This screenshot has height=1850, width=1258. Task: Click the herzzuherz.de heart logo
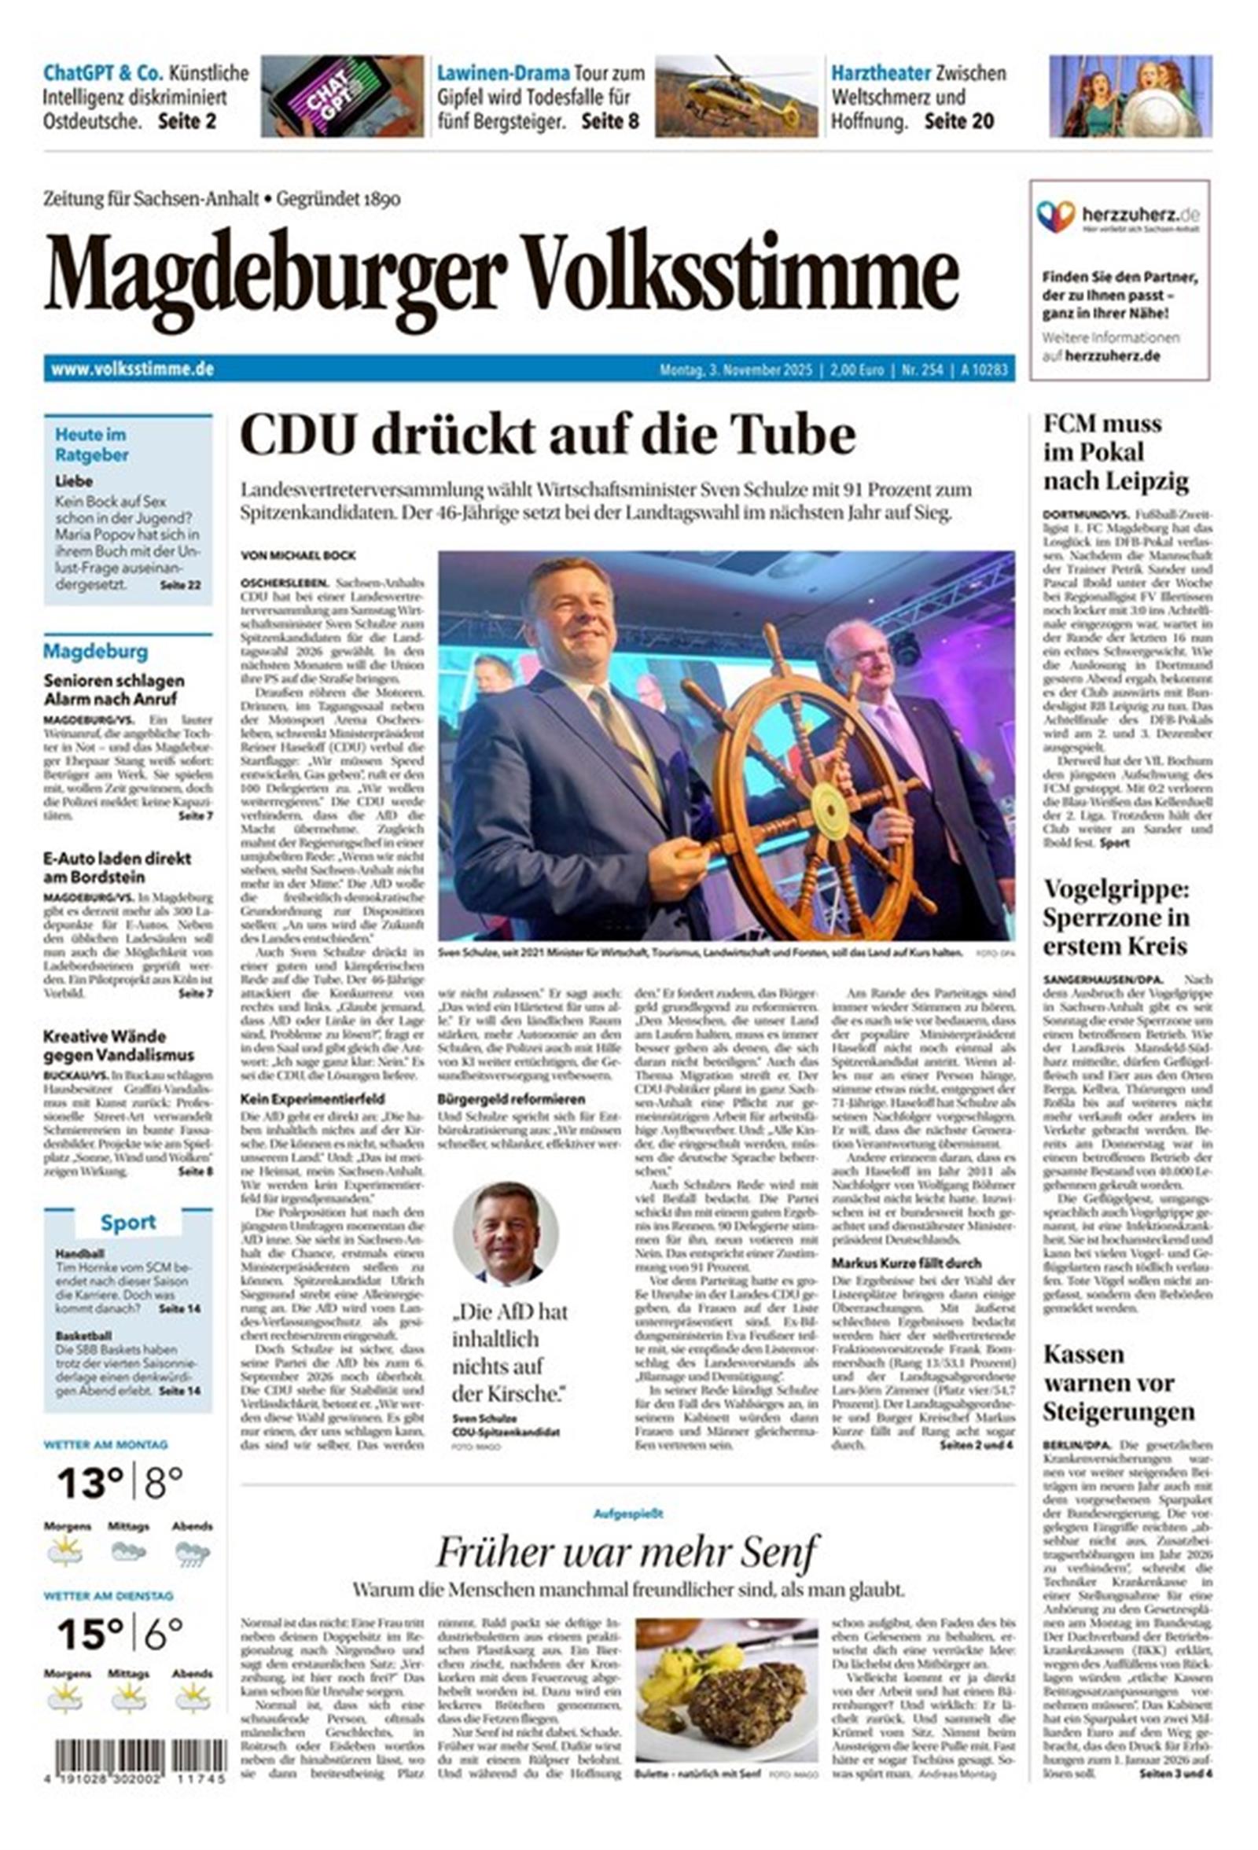pyautogui.click(x=1056, y=215)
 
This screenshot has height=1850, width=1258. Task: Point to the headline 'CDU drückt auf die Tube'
pyautogui.click(x=547, y=435)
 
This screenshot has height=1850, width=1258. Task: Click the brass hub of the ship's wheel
pyautogui.click(x=829, y=810)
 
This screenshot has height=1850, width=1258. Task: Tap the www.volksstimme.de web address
pyautogui.click(x=132, y=370)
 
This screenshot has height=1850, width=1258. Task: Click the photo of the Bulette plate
pyautogui.click(x=726, y=1688)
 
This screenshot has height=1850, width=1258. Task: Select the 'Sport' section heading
pyautogui.click(x=128, y=1222)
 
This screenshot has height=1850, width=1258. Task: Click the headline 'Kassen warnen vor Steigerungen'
pyautogui.click(x=1119, y=1383)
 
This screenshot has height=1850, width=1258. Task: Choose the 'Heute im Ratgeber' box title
pyautogui.click(x=91, y=444)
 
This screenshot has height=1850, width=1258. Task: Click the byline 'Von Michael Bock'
pyautogui.click(x=298, y=555)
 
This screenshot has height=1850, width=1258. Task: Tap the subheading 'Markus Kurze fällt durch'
pyautogui.click(x=906, y=1263)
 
